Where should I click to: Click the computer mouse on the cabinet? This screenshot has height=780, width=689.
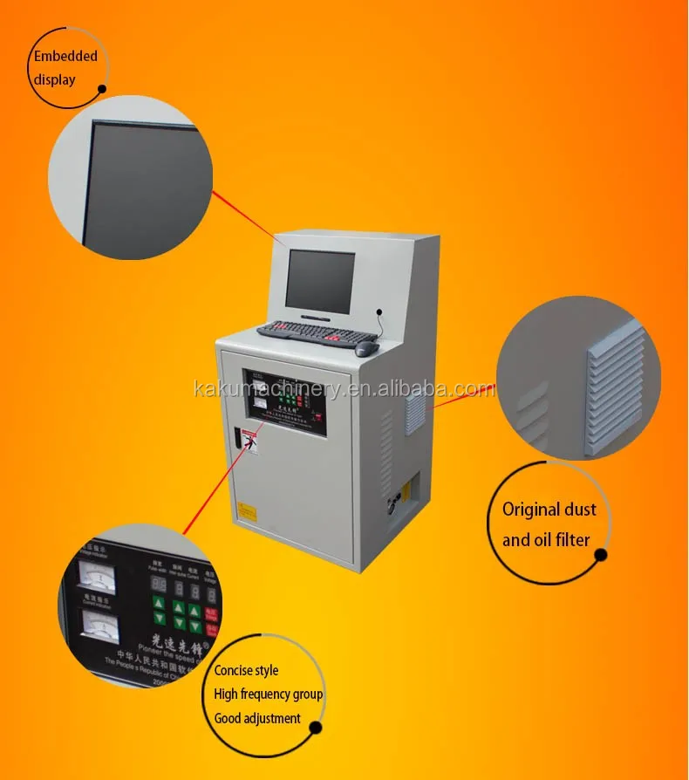[367, 348]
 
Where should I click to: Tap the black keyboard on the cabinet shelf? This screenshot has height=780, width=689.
[306, 332]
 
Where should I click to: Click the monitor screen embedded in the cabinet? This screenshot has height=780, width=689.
[320, 279]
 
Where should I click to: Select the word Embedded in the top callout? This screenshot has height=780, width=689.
[65, 57]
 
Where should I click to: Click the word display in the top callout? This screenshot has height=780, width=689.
[54, 80]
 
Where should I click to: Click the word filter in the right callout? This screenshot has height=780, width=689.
[570, 540]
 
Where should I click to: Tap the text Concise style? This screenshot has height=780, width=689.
[247, 671]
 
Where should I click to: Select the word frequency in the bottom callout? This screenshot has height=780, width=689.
[281, 694]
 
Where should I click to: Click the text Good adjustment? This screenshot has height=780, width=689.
[257, 719]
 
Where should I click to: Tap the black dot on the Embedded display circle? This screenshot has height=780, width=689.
[102, 89]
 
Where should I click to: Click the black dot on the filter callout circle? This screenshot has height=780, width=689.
[600, 555]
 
